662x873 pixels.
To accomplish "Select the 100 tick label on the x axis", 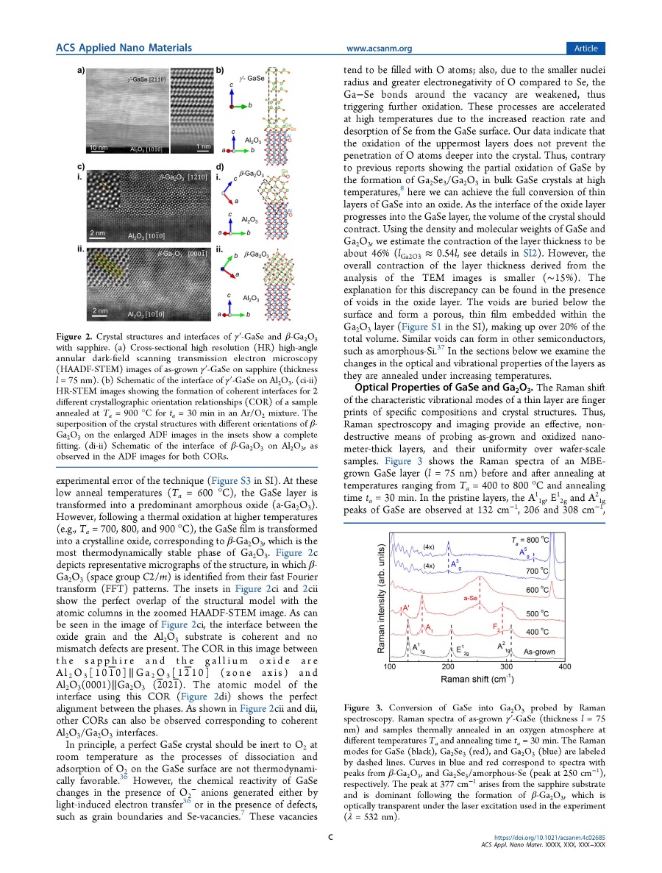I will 391,666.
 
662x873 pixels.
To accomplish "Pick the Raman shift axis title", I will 477,679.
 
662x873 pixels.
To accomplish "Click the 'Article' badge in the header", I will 586,48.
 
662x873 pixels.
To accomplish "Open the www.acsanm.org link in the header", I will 379,49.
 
